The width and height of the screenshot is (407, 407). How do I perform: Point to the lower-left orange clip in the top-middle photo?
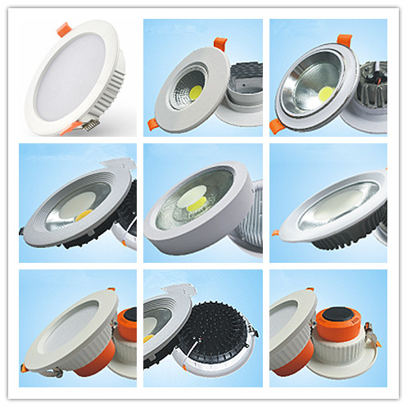click(x=152, y=124)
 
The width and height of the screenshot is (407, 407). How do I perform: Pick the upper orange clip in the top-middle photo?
click(x=220, y=41)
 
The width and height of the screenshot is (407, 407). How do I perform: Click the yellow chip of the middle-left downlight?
click(x=84, y=215)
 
